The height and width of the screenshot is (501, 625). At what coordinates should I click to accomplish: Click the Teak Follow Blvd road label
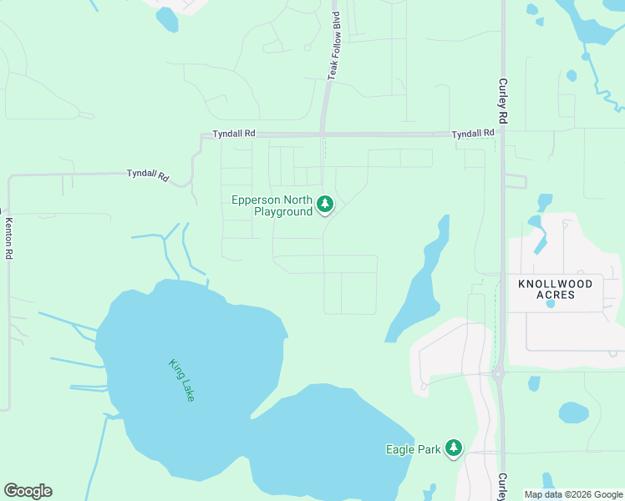click(336, 46)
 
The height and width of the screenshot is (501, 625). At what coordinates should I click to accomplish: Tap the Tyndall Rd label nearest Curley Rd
click(473, 134)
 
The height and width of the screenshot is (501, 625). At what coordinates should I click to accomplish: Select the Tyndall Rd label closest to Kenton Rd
click(148, 175)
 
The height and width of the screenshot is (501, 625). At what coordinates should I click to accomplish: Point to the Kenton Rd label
click(9, 238)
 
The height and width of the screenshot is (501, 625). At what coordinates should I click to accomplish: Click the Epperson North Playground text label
click(272, 205)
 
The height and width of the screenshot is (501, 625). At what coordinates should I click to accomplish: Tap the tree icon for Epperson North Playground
click(325, 204)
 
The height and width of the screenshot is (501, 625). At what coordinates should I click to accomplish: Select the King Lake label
click(181, 381)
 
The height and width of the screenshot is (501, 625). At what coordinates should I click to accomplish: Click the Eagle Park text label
click(413, 449)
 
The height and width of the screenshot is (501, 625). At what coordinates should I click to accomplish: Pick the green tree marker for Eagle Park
click(454, 448)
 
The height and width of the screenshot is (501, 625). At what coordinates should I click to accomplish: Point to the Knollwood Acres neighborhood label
click(556, 289)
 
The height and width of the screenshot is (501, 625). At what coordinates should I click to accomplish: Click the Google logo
click(28, 491)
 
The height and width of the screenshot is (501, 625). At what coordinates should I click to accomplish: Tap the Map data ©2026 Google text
click(572, 494)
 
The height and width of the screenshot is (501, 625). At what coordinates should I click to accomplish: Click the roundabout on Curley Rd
click(500, 375)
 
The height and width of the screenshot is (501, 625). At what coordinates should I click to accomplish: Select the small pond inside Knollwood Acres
click(550, 304)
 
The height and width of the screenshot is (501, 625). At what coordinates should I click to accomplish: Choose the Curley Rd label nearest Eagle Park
click(502, 487)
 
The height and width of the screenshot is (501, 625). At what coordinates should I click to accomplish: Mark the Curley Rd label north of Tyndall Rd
click(503, 101)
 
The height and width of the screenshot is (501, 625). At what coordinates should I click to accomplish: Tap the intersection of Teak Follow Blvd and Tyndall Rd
click(323, 134)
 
